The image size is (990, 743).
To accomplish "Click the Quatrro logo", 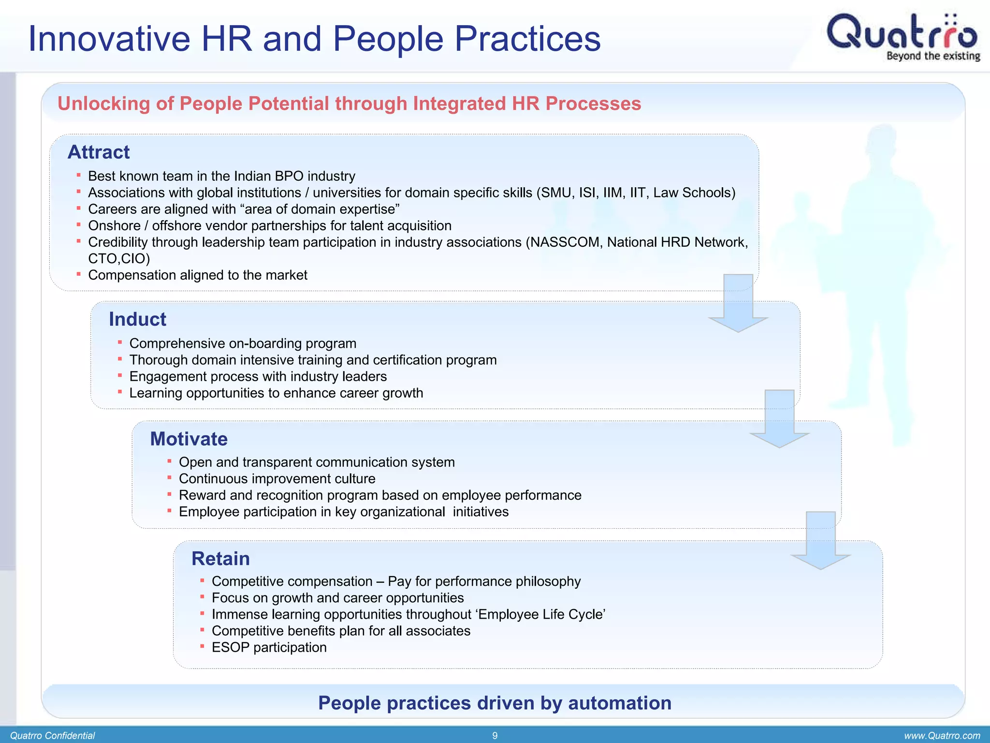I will [902, 32].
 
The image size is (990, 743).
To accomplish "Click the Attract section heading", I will [99, 152].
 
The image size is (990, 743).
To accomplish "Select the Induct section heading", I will [137, 319].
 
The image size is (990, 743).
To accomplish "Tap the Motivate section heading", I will [189, 439].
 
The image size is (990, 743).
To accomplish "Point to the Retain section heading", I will [220, 559].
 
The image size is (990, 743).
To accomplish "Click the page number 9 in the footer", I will [495, 736].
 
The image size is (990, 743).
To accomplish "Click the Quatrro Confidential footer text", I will [52, 736].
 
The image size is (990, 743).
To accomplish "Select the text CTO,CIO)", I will [119, 259].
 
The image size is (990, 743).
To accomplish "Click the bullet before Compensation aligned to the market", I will [78, 274].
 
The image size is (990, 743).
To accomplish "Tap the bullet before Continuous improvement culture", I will [169, 478].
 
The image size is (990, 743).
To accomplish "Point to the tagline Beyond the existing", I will [932, 56].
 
